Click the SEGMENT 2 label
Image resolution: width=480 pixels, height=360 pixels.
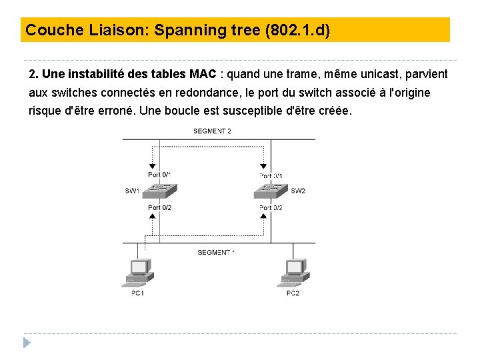[x=212, y=131]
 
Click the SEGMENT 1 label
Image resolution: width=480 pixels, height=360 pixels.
[x=216, y=252]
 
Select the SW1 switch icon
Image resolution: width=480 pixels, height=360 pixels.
[x=160, y=191]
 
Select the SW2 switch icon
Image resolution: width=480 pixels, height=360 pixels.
[x=271, y=191]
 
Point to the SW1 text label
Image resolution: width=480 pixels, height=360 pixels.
[x=132, y=191]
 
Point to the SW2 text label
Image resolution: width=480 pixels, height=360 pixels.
[x=298, y=191]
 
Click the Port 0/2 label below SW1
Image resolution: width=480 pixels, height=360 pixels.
[x=160, y=208]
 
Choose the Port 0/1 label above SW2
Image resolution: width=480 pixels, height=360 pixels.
[x=271, y=175]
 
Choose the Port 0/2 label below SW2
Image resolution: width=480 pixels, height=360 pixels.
[x=271, y=208]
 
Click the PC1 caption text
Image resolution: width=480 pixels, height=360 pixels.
[x=137, y=293]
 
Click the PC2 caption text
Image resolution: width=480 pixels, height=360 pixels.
[x=293, y=293]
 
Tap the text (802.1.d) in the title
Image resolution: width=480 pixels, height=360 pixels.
[x=297, y=30]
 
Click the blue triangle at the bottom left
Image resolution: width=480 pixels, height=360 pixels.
[x=27, y=343]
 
